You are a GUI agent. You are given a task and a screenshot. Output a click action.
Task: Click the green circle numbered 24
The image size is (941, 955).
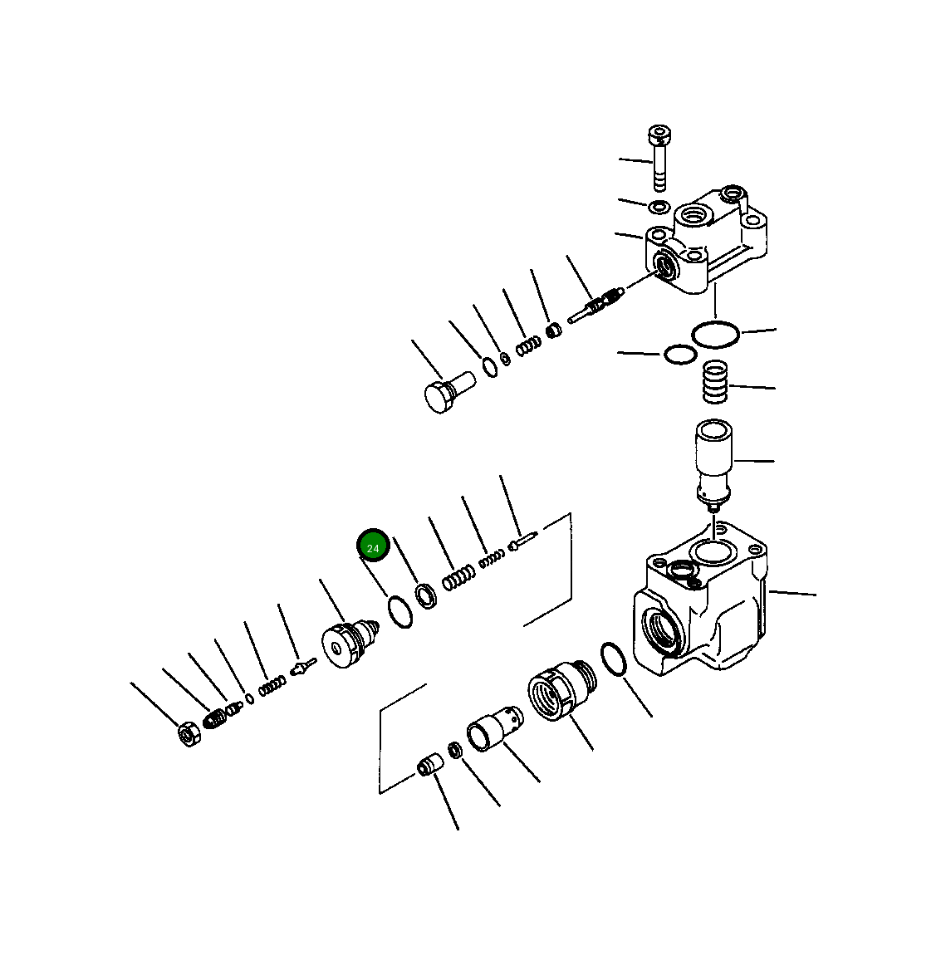373,547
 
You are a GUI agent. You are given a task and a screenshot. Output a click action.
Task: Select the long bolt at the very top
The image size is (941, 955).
659,158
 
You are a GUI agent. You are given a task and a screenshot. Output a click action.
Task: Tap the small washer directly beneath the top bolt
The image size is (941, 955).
659,206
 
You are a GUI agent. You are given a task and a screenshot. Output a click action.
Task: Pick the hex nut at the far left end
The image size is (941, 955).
189,733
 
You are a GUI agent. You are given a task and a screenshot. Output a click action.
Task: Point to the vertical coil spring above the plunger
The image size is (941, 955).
715,381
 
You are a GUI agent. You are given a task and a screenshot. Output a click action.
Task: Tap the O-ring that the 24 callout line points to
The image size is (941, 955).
399,612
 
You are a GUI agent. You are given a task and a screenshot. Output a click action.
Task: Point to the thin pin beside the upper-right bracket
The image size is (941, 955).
523,540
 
